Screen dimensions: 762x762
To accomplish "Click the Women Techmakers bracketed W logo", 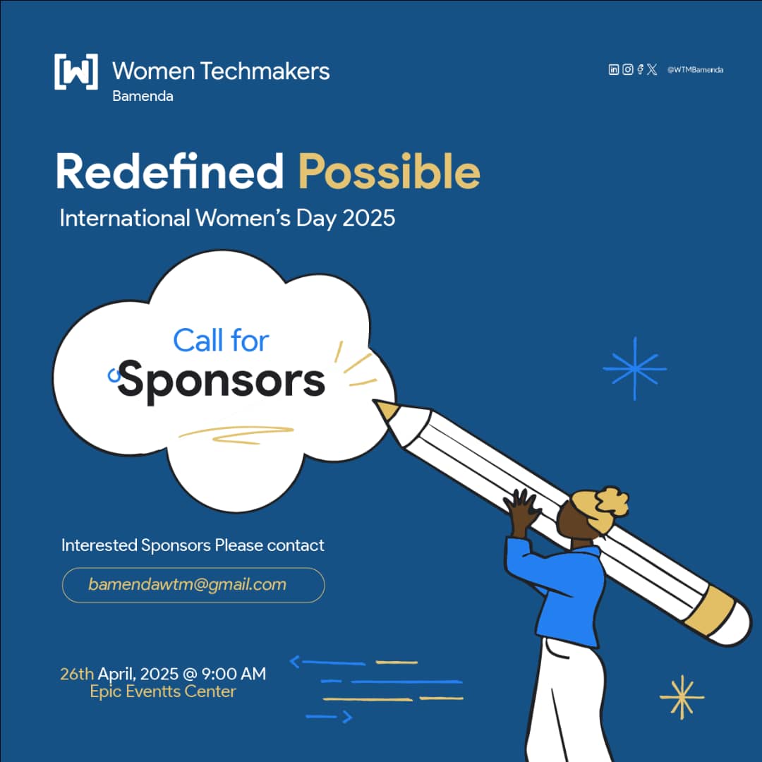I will pyautogui.click(x=76, y=71).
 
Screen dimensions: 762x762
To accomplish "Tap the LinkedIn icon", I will pyautogui.click(x=614, y=69).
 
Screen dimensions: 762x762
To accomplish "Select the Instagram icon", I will pyautogui.click(x=627, y=69).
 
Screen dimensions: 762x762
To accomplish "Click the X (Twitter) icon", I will pyautogui.click(x=652, y=69).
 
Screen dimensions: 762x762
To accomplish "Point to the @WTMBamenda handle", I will pyautogui.click(x=695, y=69).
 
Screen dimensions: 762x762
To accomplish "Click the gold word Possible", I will pyautogui.click(x=389, y=171).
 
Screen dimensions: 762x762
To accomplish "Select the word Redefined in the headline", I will pyautogui.click(x=169, y=171).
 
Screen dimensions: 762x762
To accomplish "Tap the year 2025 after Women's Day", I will pyautogui.click(x=368, y=218).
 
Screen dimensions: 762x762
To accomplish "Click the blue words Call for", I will pyautogui.click(x=221, y=341).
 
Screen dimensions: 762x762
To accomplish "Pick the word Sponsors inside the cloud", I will pyautogui.click(x=222, y=381).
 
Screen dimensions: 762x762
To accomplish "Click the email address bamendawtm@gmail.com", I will pyautogui.click(x=188, y=585).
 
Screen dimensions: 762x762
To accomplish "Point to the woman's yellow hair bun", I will pyautogui.click(x=600, y=503).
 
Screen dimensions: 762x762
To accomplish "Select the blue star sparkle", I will pyautogui.click(x=634, y=368).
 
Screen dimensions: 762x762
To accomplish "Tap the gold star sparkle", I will pyautogui.click(x=682, y=697).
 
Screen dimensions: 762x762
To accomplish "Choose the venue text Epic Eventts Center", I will pyautogui.click(x=163, y=691).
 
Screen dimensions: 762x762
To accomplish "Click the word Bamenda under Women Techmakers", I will pyautogui.click(x=143, y=96).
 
